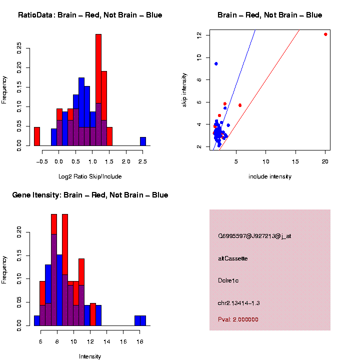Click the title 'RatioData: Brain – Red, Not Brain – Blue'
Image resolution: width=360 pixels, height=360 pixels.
pos(90,15)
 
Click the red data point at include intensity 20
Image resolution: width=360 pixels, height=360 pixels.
pos(325,34)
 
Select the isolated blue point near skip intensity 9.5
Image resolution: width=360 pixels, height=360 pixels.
pos(216,63)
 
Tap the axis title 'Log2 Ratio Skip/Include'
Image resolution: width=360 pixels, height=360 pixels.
pos(89,176)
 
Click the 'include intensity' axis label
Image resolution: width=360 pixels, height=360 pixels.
pos(269,176)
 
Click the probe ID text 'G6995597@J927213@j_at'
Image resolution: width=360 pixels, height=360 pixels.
pos(254,235)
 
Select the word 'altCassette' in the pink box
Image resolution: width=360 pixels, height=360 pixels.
pos(232,258)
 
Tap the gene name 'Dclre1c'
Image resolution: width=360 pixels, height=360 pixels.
pos(228,280)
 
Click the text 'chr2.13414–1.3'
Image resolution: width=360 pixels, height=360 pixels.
pos(239,303)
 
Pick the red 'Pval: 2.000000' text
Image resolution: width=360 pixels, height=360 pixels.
pos(238,319)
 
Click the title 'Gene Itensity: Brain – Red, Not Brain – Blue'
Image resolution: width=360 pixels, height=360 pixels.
pos(90,195)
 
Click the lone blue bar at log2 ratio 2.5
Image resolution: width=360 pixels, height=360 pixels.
pos(143,141)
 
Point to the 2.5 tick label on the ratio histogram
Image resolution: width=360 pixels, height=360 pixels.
pos(143,161)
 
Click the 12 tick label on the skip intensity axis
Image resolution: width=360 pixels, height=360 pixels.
pos(198,35)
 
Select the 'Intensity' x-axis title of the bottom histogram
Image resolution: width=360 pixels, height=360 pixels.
pos(90,356)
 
